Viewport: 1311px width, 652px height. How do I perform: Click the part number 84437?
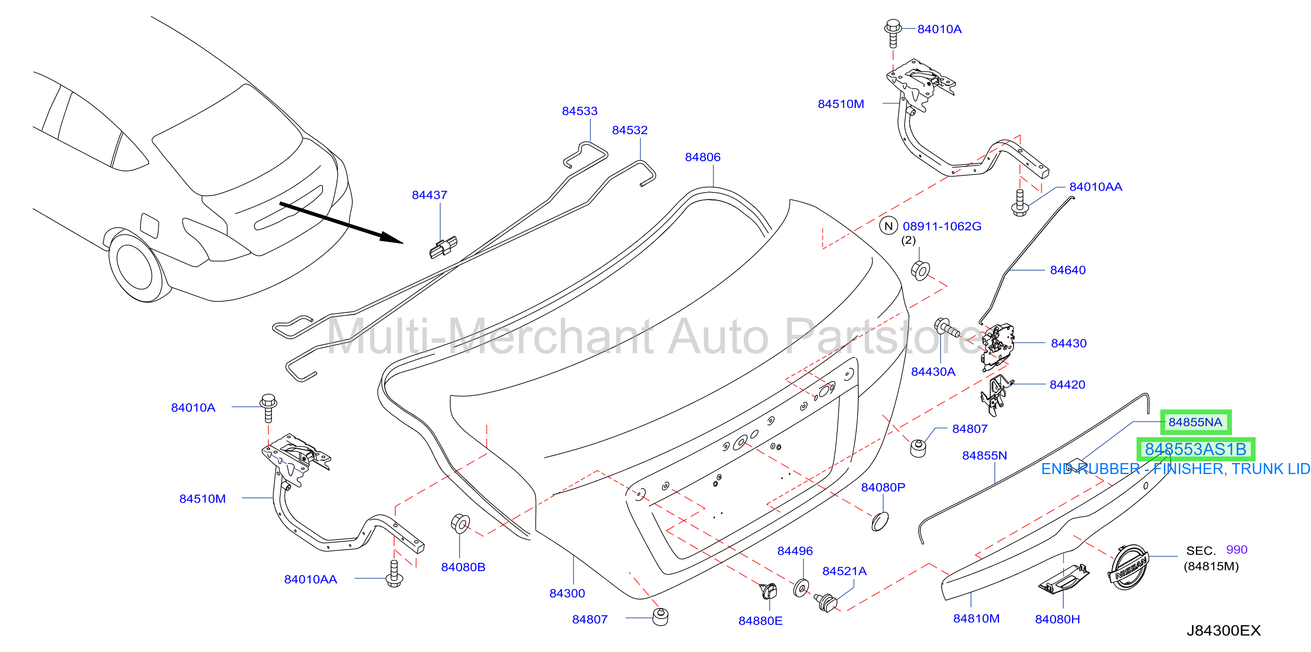430,195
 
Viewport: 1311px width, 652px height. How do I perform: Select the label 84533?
579,111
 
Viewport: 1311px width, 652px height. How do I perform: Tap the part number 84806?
703,157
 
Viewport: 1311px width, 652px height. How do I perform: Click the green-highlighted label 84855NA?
1195,422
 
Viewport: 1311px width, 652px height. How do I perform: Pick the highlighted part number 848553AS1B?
1195,449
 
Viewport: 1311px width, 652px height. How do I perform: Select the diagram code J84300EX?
1224,630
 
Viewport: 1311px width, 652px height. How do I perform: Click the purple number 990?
1237,550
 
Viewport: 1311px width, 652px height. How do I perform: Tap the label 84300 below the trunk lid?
567,594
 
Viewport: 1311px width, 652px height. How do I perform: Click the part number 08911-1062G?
942,227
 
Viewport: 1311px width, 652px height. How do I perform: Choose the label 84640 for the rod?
1068,270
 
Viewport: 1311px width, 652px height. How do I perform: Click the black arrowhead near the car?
391,238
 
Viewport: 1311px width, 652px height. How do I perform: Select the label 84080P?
883,488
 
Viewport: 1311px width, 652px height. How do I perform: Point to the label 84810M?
976,619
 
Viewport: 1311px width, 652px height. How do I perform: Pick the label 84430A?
933,372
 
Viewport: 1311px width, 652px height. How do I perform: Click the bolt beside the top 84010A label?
893,33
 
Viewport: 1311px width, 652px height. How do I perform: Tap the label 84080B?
463,567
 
